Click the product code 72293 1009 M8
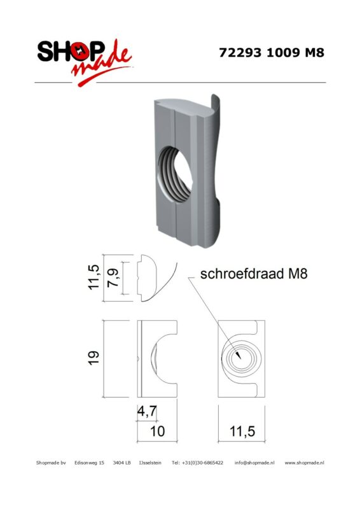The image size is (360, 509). point(272,53)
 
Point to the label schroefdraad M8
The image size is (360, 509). point(254,274)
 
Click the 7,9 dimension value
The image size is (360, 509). point(113,279)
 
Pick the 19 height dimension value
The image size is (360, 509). point(93,358)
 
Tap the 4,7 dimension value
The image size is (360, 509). point(147,412)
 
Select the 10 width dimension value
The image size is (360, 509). point(157,431)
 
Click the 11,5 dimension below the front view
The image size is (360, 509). point(242,431)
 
